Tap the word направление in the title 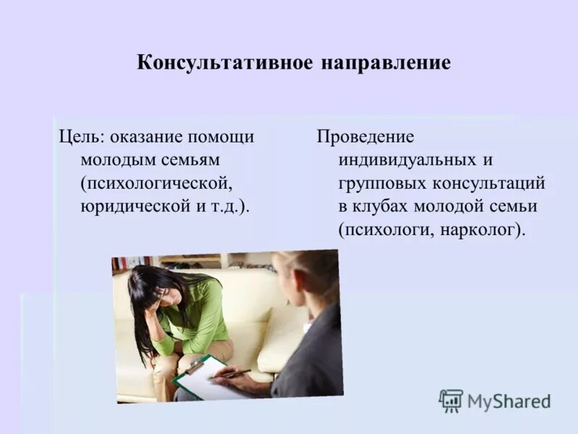(x=385, y=63)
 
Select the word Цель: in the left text (x=80, y=137)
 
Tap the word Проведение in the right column (x=365, y=137)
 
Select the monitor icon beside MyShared (x=451, y=401)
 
